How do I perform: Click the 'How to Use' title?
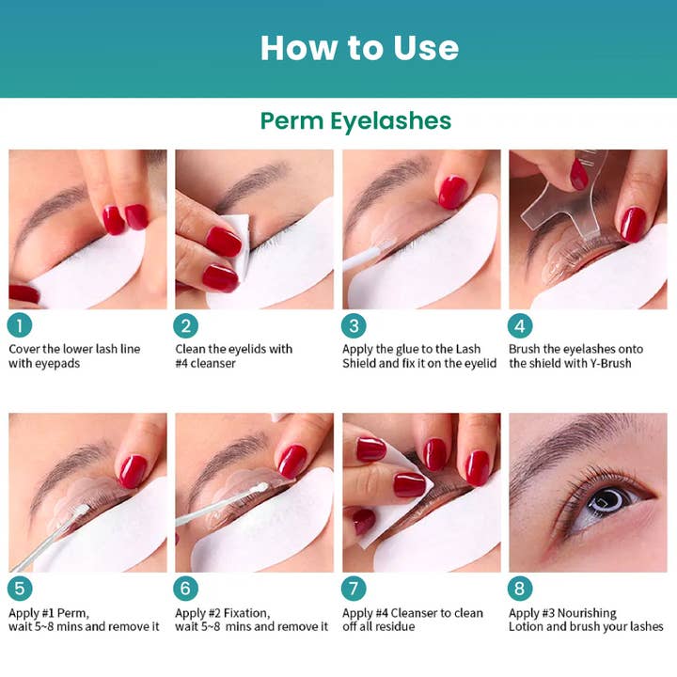coord(359,47)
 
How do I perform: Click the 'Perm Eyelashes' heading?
coord(355,121)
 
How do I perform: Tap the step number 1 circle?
coord(20,325)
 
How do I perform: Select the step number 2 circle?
coord(186,325)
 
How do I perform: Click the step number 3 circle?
coord(354,325)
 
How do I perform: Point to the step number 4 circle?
coord(520,325)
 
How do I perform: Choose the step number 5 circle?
coord(20,590)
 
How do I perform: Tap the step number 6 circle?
coord(186,590)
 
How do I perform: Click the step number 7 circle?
coord(354,590)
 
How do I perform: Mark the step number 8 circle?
coord(520,590)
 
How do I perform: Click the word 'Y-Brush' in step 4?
coord(608,364)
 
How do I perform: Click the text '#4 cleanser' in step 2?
coord(205,364)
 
